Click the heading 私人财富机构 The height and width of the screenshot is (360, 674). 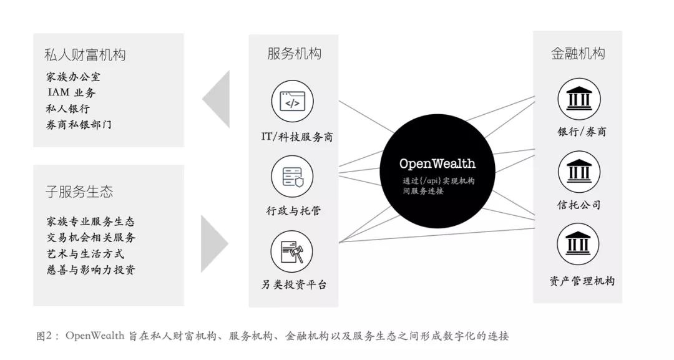point(85,55)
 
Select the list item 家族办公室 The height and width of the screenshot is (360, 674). point(74,77)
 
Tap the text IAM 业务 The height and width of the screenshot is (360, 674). point(72,93)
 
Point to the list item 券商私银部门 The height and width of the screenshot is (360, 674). point(79,125)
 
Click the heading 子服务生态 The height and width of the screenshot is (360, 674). point(79,192)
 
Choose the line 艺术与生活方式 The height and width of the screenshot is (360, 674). point(85,253)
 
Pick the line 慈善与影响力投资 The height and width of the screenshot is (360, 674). point(90,270)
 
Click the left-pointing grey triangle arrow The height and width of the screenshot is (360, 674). point(217,98)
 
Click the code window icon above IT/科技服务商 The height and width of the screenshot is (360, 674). point(292,101)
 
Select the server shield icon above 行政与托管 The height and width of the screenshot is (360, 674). point(293,177)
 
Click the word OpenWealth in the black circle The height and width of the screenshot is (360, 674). point(437,164)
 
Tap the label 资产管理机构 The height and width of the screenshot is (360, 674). point(582,281)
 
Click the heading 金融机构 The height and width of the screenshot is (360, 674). point(578,54)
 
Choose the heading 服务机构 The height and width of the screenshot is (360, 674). point(294,54)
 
